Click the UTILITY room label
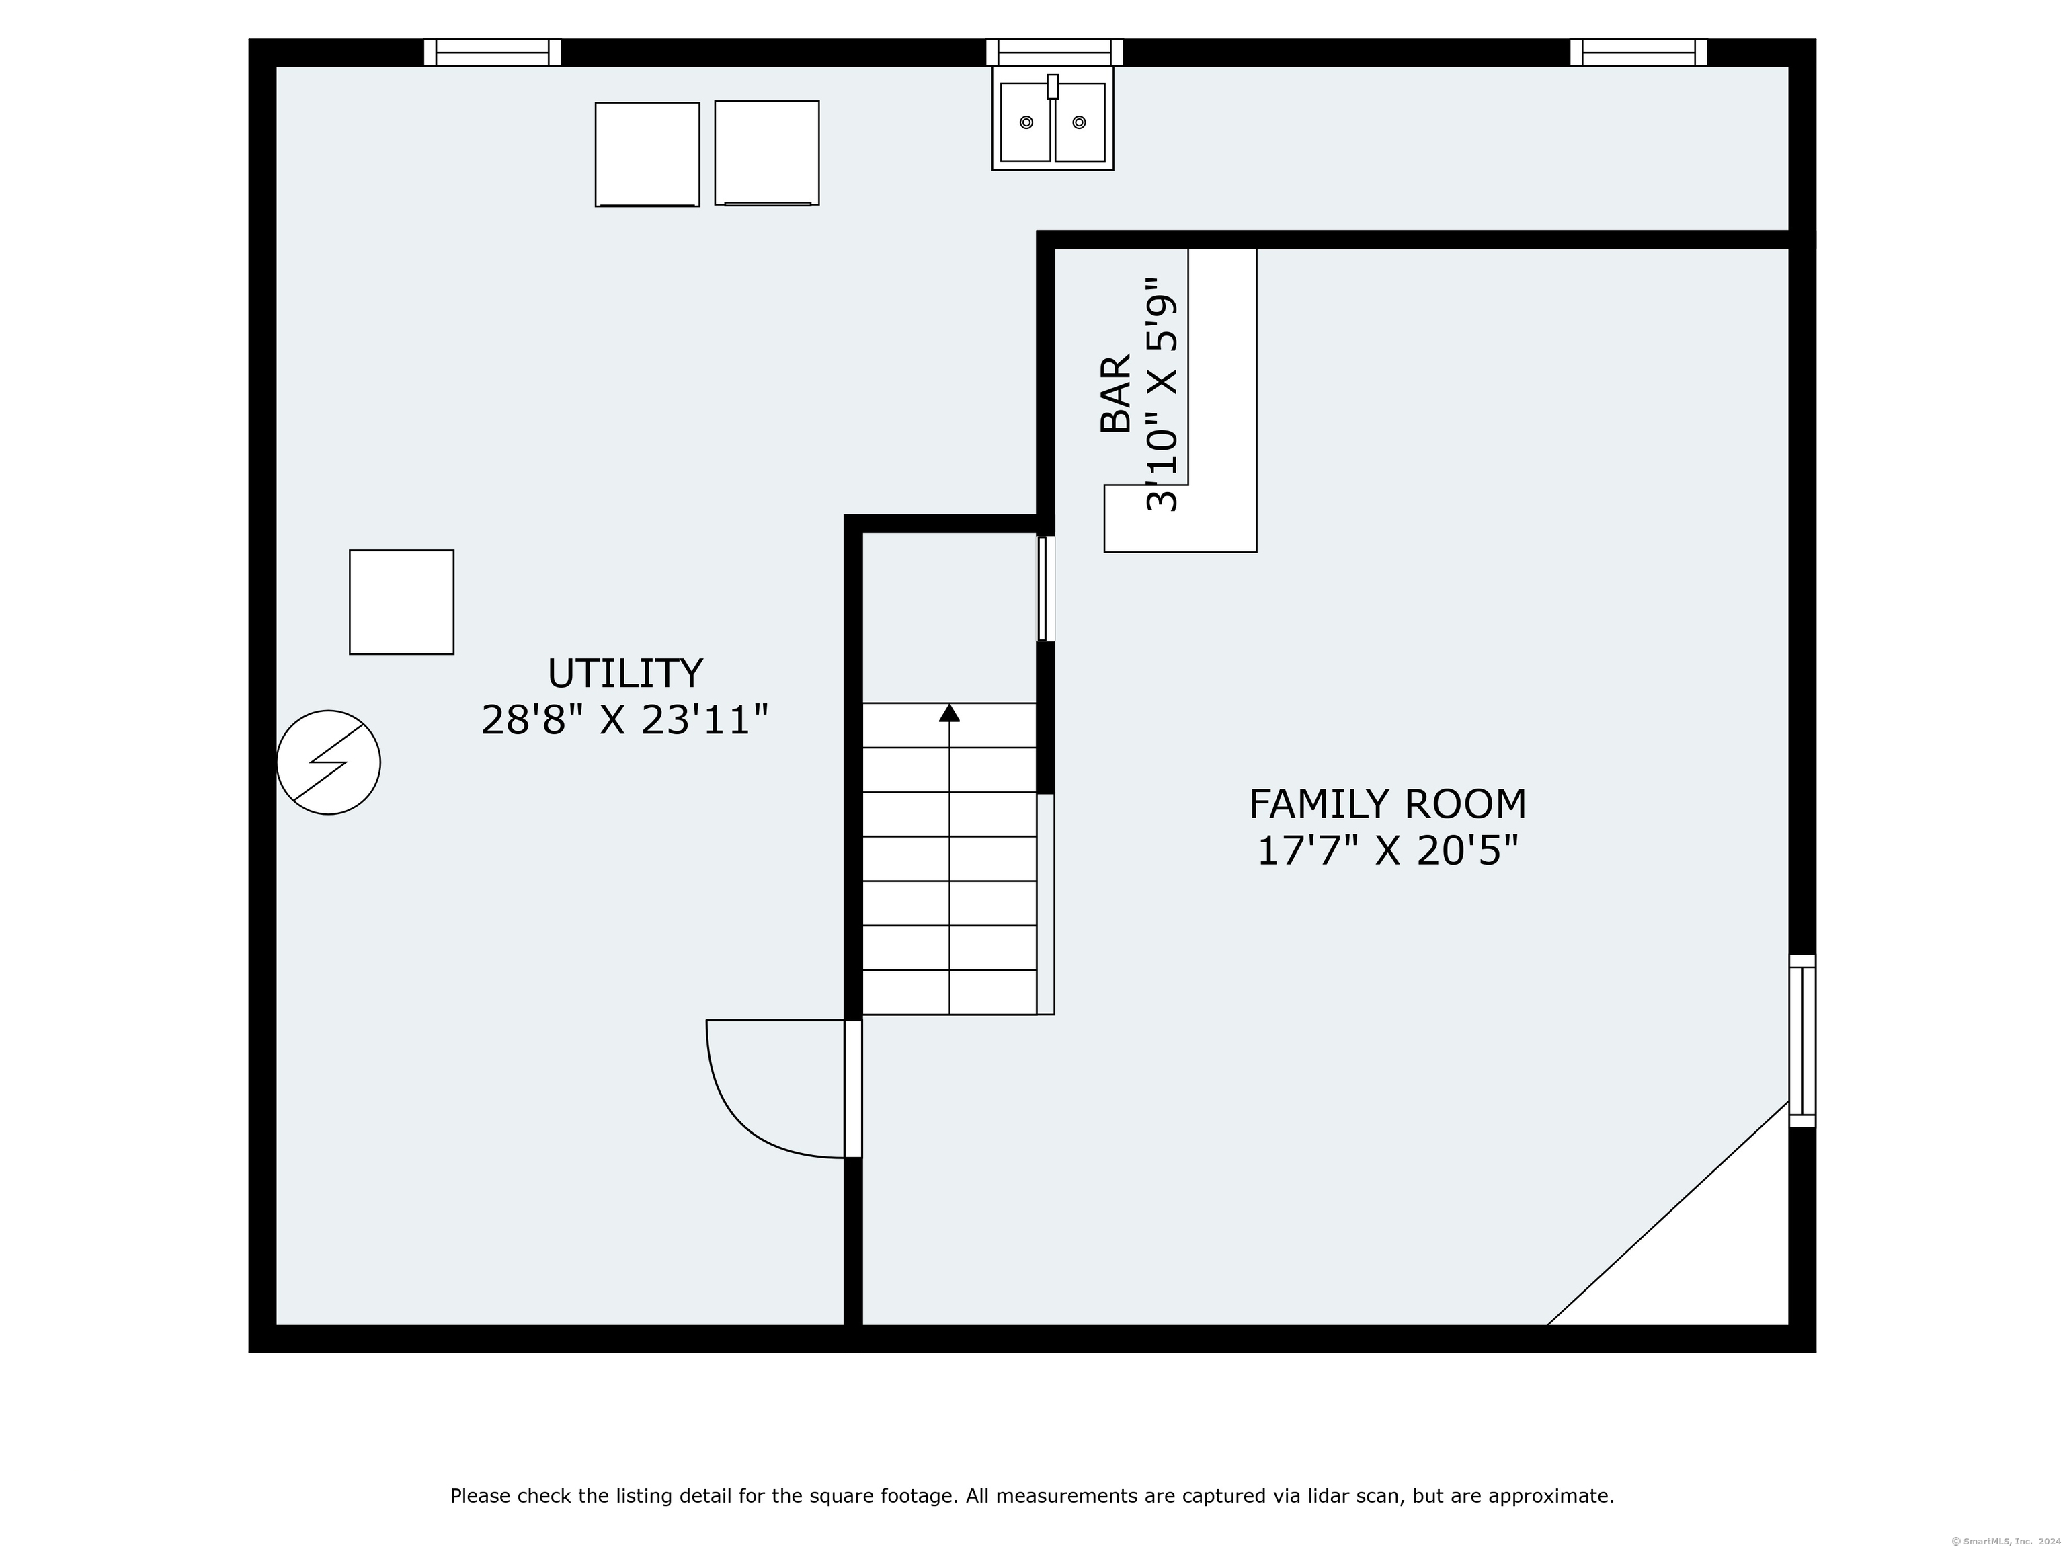pyautogui.click(x=624, y=673)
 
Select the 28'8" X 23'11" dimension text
pyautogui.click(x=624, y=720)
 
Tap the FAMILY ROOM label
pyautogui.click(x=1387, y=804)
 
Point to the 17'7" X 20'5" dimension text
pyautogui.click(x=1387, y=850)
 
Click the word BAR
pyautogui.click(x=1116, y=394)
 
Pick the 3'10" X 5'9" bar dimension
pyautogui.click(x=1162, y=394)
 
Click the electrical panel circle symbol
pyautogui.click(x=329, y=763)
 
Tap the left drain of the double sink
pyautogui.click(x=1026, y=122)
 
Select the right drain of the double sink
pyautogui.click(x=1079, y=122)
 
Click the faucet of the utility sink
pyautogui.click(x=1053, y=86)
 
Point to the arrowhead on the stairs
pyautogui.click(x=949, y=713)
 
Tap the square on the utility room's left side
pyautogui.click(x=401, y=602)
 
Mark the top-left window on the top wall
pyautogui.click(x=492, y=52)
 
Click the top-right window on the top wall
pyautogui.click(x=1638, y=52)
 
